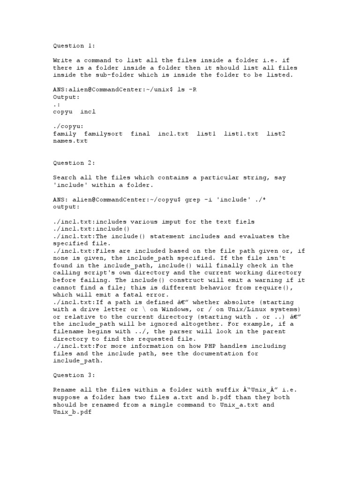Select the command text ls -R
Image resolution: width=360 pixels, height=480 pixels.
[187, 90]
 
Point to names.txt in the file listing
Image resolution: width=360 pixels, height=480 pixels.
[70, 141]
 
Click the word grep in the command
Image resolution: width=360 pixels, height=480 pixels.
[193, 199]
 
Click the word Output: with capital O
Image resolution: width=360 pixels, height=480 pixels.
[67, 97]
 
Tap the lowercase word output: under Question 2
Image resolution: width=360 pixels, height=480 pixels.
[67, 207]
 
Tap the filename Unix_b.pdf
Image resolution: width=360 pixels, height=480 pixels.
[74, 412]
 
